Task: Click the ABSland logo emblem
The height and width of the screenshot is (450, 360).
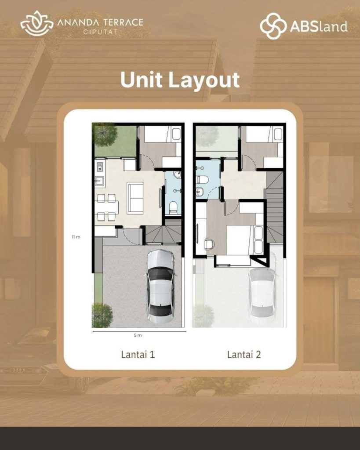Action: click(273, 26)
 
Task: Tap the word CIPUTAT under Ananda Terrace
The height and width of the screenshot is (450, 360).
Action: click(100, 32)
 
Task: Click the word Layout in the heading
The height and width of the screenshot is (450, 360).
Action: click(204, 80)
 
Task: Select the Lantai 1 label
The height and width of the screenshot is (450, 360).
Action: click(138, 355)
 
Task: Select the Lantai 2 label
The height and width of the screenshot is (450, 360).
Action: click(244, 355)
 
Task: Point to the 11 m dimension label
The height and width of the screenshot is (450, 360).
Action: click(76, 237)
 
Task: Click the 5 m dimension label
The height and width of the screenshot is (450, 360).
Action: click(138, 335)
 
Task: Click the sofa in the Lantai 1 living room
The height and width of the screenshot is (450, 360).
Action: click(135, 198)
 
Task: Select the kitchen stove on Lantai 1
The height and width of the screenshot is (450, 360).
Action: click(100, 167)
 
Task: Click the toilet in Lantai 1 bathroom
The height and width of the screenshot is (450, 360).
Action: click(173, 207)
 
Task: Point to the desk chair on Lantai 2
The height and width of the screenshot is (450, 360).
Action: click(209, 243)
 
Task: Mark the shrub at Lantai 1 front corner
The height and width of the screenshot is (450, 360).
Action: click(102, 315)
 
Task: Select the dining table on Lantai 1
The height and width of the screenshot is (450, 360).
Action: click(107, 207)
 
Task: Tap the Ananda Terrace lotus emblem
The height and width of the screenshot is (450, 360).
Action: click(37, 23)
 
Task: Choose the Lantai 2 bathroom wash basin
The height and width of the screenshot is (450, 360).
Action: click(200, 192)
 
